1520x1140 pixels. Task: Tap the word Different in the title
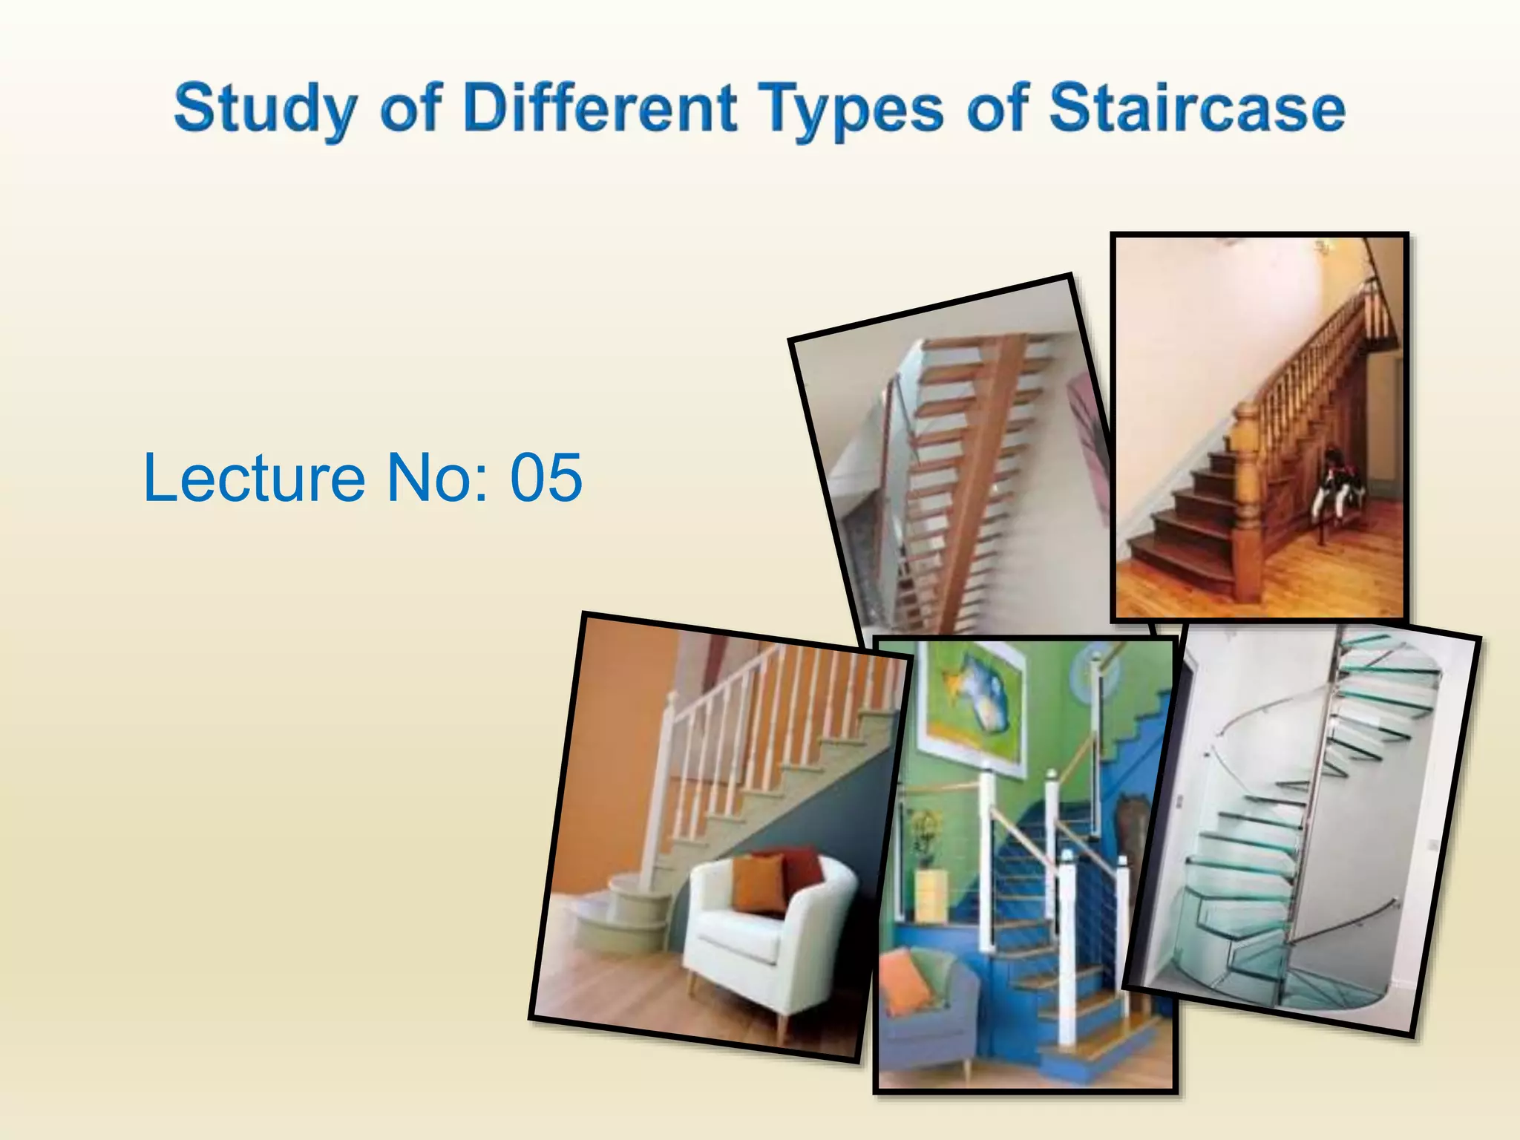pyautogui.click(x=600, y=108)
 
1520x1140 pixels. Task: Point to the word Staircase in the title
pyautogui.click(x=1197, y=108)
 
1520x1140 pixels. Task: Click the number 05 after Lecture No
pyautogui.click(x=546, y=477)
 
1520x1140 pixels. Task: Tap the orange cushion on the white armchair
pyautogui.click(x=759, y=883)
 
